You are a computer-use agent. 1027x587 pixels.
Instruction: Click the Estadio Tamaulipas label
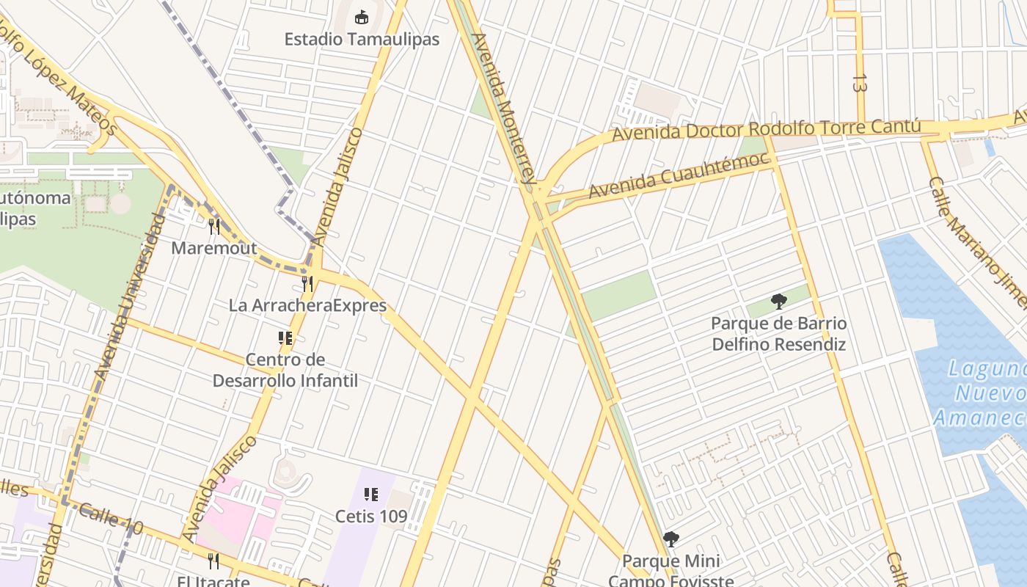pos(362,39)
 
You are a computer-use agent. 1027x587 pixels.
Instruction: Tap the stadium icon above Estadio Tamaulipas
pos(361,16)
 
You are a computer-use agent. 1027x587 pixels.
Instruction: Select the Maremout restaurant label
pos(214,248)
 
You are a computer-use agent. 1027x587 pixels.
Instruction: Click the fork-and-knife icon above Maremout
pos(214,227)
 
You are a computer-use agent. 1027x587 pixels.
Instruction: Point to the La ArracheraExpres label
pos(307,305)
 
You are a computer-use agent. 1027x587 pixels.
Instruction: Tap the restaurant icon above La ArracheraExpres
pos(307,284)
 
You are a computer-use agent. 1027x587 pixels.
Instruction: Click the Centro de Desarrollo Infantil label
pos(285,370)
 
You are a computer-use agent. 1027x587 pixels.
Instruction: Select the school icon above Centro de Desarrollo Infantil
pos(285,338)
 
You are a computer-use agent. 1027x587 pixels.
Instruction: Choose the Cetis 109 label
pos(371,516)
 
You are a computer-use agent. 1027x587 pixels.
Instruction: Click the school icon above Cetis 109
pos(371,495)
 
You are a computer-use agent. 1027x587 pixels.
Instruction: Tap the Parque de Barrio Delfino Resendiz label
pos(779,334)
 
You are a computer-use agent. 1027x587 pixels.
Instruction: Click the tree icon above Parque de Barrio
pos(779,301)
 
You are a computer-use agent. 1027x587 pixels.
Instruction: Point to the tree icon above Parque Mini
pos(670,540)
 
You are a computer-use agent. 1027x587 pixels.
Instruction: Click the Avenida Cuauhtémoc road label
pos(679,175)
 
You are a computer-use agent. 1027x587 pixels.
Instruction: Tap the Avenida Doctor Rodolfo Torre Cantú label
pos(766,131)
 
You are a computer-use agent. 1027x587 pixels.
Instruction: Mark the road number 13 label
pos(860,82)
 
